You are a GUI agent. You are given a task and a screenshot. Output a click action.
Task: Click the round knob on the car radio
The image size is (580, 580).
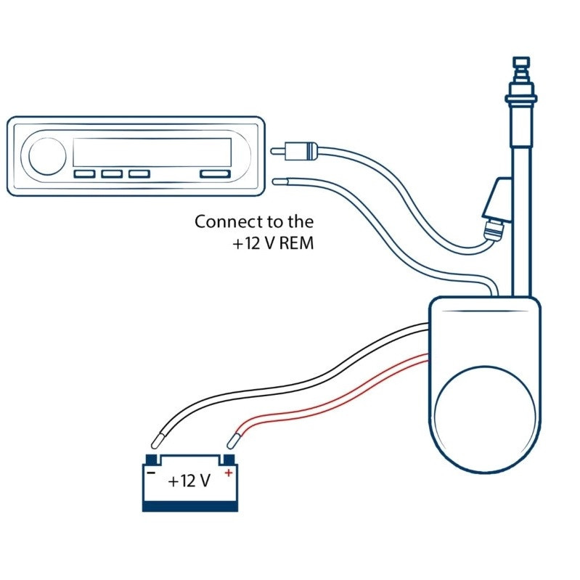[47, 156]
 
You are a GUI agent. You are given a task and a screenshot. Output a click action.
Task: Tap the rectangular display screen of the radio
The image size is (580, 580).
[152, 152]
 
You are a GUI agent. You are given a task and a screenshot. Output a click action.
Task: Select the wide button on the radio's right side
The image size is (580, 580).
[215, 173]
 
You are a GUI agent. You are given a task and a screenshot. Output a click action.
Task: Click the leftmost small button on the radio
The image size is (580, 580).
[84, 173]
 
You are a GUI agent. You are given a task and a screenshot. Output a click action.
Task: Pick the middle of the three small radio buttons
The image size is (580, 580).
[112, 173]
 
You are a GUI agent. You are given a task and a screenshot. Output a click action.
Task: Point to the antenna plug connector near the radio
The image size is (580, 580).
[294, 150]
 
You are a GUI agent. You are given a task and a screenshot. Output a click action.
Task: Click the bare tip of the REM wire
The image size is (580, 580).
[279, 181]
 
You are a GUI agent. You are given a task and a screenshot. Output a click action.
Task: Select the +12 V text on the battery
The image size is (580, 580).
[189, 481]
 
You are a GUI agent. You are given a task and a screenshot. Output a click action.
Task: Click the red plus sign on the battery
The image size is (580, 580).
[229, 473]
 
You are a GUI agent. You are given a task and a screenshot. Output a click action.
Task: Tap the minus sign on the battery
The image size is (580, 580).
[151, 473]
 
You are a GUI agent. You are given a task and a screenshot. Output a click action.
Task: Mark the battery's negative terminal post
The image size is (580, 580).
[151, 459]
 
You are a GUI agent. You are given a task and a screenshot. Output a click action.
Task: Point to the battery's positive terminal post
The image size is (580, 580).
[229, 459]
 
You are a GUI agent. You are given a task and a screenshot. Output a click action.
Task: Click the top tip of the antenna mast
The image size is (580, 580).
[521, 57]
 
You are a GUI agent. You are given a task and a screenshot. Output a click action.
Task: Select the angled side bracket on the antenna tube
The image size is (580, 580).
[497, 200]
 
